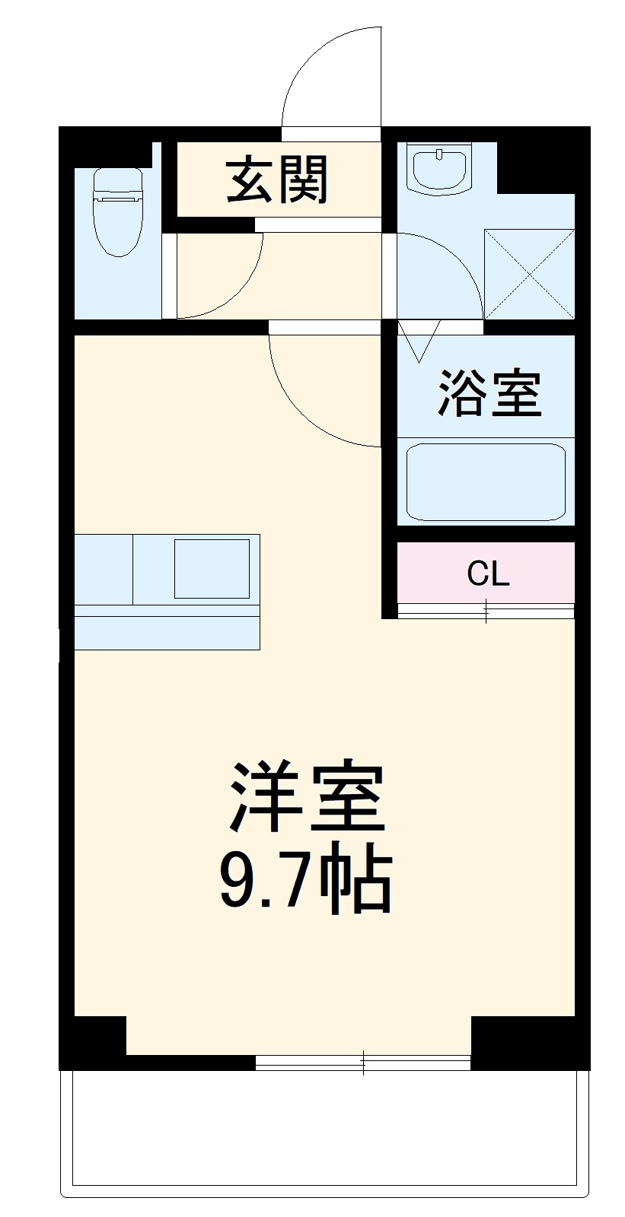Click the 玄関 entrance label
click(x=277, y=180)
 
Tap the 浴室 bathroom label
click(x=489, y=393)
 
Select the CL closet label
click(x=488, y=574)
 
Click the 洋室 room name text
click(x=307, y=796)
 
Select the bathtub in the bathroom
click(x=486, y=482)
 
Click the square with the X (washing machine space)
click(x=530, y=273)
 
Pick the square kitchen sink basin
click(x=212, y=568)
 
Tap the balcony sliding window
click(x=363, y=1062)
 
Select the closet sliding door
click(x=486, y=610)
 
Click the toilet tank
click(x=117, y=182)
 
